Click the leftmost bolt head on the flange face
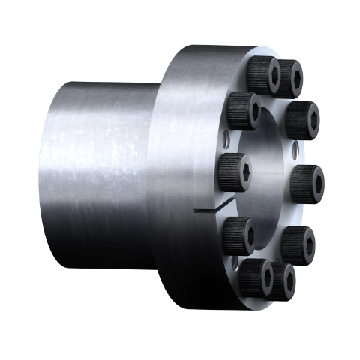click(233, 170)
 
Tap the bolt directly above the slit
click(233, 170)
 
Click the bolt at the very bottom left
click(256, 278)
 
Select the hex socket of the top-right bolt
click(292, 75)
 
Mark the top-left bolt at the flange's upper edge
click(265, 75)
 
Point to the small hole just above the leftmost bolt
click(227, 137)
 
